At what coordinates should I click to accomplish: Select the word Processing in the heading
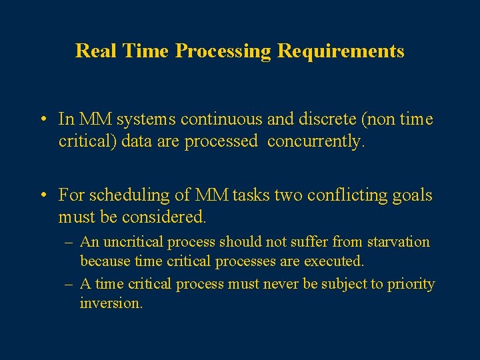click(x=224, y=51)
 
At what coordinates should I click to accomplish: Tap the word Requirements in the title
click(x=340, y=51)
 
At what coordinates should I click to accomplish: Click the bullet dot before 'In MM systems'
click(x=42, y=120)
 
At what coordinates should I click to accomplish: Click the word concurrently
click(x=313, y=141)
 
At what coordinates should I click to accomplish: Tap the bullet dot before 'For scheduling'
click(x=42, y=196)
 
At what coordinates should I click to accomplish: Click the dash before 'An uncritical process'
click(x=69, y=242)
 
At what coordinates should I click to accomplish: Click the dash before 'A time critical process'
click(x=69, y=284)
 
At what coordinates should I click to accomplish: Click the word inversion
click(x=111, y=303)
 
